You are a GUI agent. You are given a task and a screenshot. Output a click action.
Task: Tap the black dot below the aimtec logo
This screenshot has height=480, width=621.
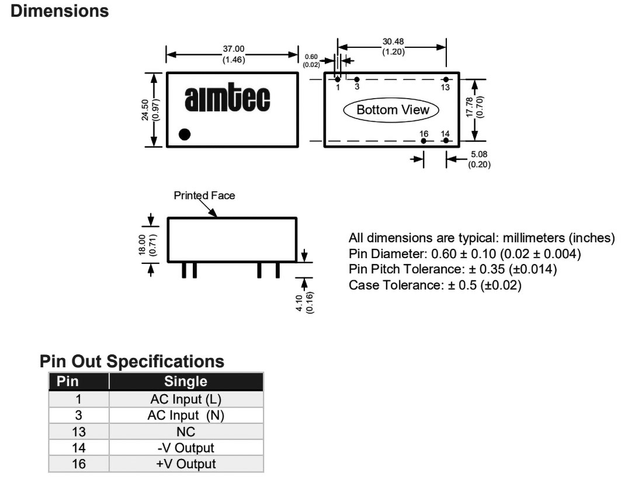185,134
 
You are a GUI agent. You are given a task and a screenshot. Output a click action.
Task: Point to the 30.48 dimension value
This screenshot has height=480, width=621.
393,41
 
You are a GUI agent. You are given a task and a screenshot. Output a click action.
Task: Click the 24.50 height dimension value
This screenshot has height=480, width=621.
145,109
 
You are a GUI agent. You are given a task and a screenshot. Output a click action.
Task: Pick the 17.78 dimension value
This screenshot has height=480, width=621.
470,109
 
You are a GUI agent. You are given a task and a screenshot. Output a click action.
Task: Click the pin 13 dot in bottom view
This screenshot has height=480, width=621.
446,79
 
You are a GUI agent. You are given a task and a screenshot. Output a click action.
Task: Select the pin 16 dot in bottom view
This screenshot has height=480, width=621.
424,141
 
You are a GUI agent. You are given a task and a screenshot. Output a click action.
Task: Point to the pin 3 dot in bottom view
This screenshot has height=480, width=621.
357,79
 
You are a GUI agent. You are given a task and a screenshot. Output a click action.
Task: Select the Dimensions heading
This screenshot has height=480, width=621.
60,11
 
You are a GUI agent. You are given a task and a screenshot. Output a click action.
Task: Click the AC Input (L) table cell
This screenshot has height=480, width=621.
186,399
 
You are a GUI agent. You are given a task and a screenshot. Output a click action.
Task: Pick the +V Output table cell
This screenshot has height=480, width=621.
186,464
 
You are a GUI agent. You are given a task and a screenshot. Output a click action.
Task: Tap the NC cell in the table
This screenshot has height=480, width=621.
186,432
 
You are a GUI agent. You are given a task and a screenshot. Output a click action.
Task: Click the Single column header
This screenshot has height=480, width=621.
186,382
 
